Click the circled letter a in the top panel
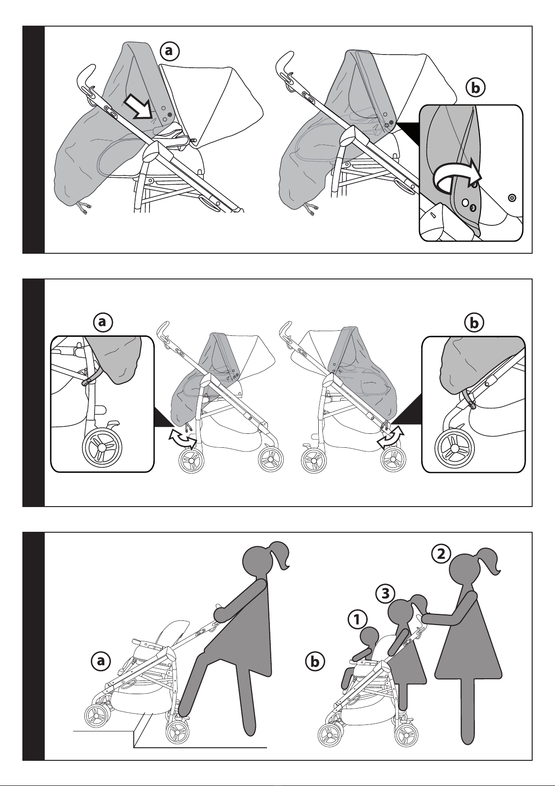pos(169,51)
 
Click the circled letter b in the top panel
pos(475,88)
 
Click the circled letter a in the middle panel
pos(103,322)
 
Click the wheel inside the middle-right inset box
pos(455,448)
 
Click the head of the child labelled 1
pos(370,644)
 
